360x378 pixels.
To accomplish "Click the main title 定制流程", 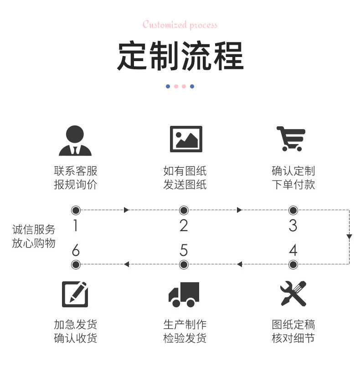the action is [180, 56].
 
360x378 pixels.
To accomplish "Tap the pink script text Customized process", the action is [180, 25].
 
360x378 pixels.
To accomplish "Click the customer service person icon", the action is [75, 140].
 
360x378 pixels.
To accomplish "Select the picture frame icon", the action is [185, 139].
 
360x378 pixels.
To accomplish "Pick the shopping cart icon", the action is [291, 138].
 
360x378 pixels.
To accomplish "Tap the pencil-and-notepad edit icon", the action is [75, 294].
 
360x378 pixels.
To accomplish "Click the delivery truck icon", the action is [184, 294].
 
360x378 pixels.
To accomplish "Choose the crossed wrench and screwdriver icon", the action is [293, 294].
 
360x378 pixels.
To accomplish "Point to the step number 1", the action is [76, 225].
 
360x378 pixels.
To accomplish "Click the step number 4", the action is [293, 250].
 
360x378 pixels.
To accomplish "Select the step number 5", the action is [184, 250].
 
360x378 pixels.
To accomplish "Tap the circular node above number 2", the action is [184, 210].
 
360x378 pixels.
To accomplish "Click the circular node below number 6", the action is [76, 264].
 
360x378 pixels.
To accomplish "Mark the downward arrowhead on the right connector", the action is [349, 237].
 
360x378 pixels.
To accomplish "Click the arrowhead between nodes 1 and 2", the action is [127, 210].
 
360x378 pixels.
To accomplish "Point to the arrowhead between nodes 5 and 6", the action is [127, 264].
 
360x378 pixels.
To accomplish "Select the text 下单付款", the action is [293, 185].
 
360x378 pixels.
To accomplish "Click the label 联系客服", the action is [75, 171].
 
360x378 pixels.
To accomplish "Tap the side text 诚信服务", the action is [34, 229].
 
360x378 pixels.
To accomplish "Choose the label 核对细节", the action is [293, 338].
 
